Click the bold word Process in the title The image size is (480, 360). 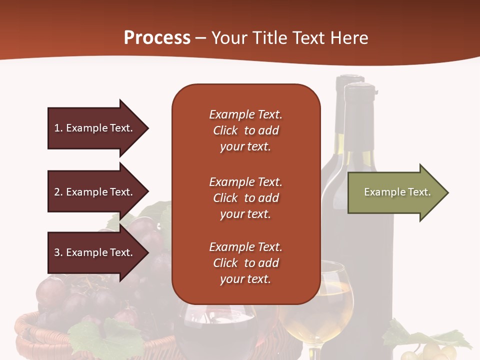[157, 38]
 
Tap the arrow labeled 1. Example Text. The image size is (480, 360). [95, 128]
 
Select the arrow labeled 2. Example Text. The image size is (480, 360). [95, 192]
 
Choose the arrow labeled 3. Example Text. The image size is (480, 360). [95, 252]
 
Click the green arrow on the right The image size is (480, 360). [395, 192]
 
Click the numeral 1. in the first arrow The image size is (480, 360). [58, 128]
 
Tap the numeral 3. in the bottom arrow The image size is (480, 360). [58, 252]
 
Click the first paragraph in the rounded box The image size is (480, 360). [245, 130]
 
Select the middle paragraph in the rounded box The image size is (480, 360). [245, 197]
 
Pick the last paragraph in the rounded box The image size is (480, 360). [245, 263]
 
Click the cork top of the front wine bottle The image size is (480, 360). [359, 90]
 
